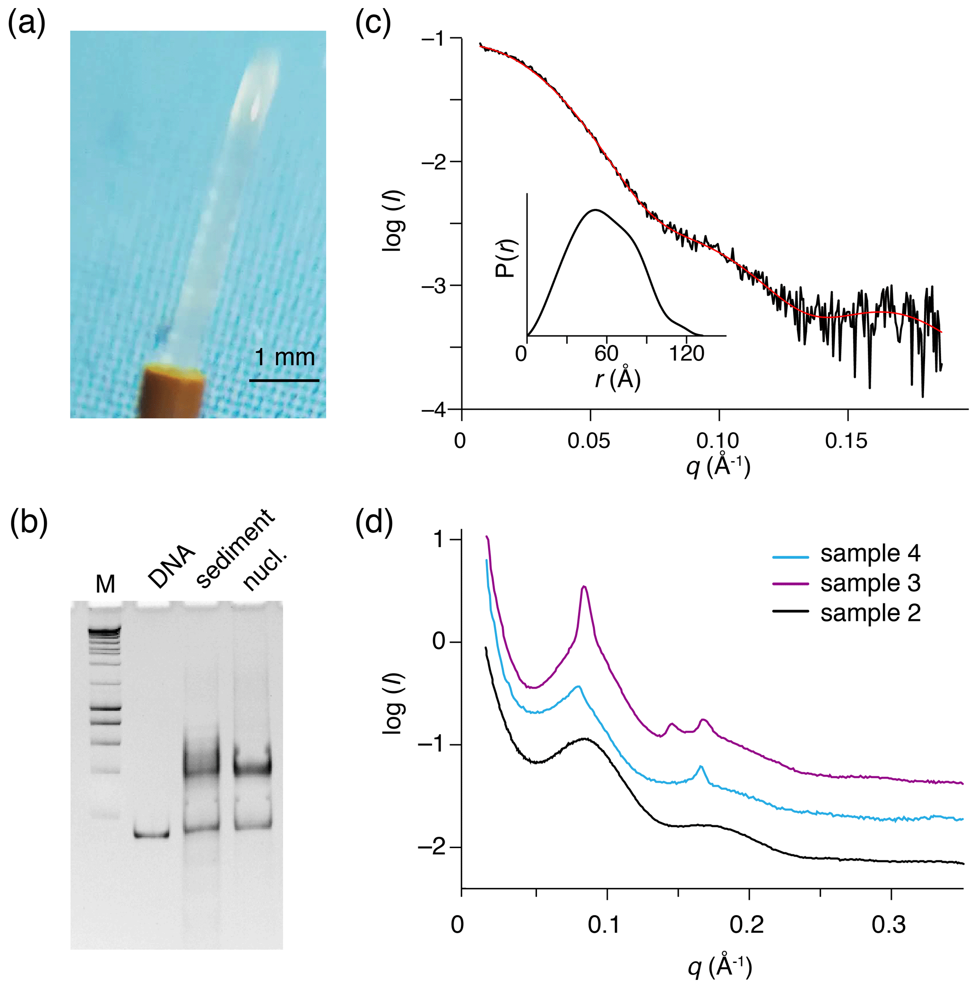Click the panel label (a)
click(26, 23)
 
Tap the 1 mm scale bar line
click(284, 380)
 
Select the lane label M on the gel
click(105, 584)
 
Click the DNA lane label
click(172, 567)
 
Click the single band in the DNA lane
click(151, 835)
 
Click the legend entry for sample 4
click(846, 554)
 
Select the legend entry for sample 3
click(846, 584)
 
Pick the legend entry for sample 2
click(846, 613)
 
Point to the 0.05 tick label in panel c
click(589, 441)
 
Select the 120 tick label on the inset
click(687, 353)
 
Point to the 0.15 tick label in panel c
click(847, 441)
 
